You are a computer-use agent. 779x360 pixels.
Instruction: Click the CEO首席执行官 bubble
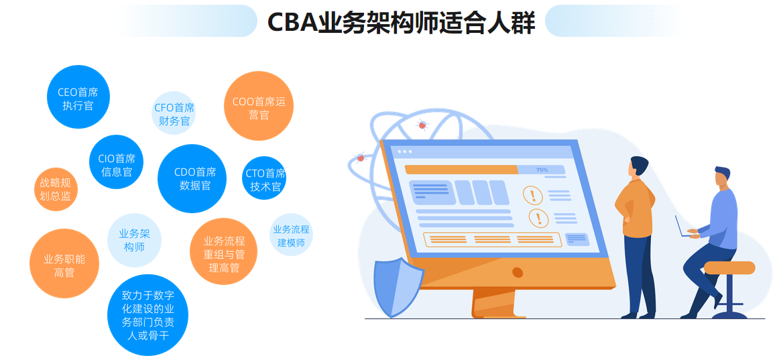pyautogui.click(x=78, y=97)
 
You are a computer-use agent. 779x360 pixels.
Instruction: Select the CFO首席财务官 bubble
pyautogui.click(x=174, y=114)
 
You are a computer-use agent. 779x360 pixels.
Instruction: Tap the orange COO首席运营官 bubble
pyautogui.click(x=259, y=107)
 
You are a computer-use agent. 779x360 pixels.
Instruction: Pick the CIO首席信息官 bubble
pyautogui.click(x=116, y=162)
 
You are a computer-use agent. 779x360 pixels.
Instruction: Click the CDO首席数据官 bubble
pyautogui.click(x=192, y=179)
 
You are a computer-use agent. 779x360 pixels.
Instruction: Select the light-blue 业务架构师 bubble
pyautogui.click(x=135, y=240)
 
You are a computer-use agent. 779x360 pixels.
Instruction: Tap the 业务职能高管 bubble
pyautogui.click(x=64, y=263)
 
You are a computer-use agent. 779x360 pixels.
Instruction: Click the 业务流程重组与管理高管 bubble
pyautogui.click(x=223, y=252)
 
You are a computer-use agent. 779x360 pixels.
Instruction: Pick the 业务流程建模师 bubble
pyautogui.click(x=291, y=235)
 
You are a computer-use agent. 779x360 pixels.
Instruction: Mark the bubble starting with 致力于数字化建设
pyautogui.click(x=148, y=315)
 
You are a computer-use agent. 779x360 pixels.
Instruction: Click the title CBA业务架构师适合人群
pyautogui.click(x=402, y=21)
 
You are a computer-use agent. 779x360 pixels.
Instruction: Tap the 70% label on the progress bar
pyautogui.click(x=542, y=170)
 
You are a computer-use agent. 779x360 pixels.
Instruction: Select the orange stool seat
pyautogui.click(x=729, y=267)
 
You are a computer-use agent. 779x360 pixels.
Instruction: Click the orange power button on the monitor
pyautogui.click(x=518, y=272)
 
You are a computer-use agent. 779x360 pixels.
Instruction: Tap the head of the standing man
pyautogui.click(x=638, y=166)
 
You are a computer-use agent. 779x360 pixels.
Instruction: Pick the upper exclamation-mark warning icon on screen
pyautogui.click(x=533, y=195)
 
